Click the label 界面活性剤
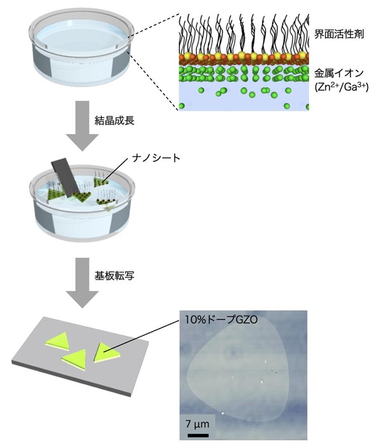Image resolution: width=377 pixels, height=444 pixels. coord(339,34)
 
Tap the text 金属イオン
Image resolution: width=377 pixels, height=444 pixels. coord(339,74)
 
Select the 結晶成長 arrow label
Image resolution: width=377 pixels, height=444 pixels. coord(114,121)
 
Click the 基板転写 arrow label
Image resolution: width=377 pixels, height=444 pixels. coord(114,276)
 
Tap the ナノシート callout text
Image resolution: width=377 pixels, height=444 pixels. coord(156,158)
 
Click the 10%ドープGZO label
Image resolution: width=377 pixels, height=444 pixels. coord(221,320)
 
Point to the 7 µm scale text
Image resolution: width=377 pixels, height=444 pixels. coord(198,424)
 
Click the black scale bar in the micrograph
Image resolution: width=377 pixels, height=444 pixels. coord(198,435)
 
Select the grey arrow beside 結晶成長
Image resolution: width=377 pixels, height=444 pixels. coord(83,126)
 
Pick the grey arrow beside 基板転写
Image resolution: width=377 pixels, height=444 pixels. coord(83,283)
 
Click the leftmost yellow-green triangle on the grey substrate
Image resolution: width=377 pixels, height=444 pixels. coord(58,340)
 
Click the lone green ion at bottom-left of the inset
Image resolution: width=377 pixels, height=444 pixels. coord(182,106)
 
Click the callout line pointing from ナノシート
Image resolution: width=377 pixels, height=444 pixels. coord(116,170)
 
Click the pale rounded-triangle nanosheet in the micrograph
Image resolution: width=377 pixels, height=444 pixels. coord(238,368)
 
